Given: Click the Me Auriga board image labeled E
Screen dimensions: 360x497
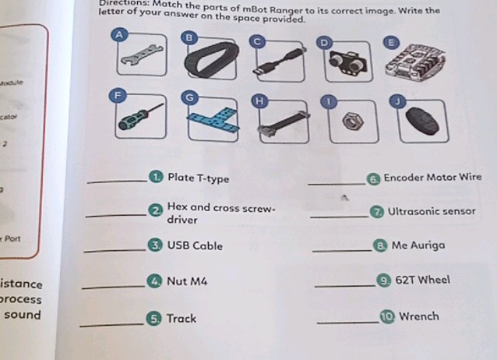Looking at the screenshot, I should point(418,62).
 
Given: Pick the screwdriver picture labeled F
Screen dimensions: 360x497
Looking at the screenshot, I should point(140,118).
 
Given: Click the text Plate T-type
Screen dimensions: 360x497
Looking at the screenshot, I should point(199,178).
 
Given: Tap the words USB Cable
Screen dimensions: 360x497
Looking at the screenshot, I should point(195,246).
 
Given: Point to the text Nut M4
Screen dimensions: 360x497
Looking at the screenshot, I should point(188,281).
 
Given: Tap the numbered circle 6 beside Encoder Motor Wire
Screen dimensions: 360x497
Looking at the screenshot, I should point(374,178).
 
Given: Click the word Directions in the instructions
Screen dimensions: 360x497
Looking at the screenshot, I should point(122,4).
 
